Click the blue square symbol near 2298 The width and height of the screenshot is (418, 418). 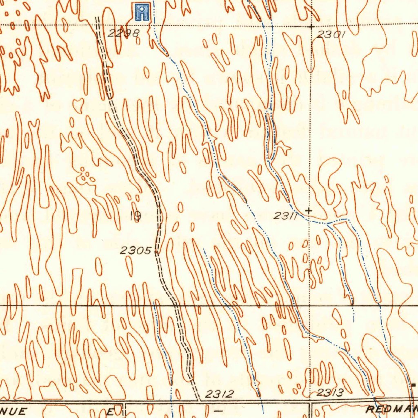(x=141, y=12)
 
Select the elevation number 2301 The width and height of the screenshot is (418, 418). (x=331, y=35)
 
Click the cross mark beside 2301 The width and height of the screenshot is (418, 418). (x=311, y=27)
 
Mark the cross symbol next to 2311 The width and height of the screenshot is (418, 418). (x=309, y=211)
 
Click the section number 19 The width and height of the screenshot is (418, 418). (x=136, y=216)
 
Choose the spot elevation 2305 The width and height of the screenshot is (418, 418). (x=136, y=251)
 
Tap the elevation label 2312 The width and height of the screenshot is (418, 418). (x=219, y=394)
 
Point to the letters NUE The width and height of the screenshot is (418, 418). (x=14, y=410)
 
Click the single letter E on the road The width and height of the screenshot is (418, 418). (x=110, y=411)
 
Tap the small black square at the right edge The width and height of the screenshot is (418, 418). (x=414, y=385)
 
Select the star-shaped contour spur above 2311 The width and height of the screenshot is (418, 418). (x=282, y=148)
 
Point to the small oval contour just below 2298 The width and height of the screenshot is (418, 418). (x=138, y=41)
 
